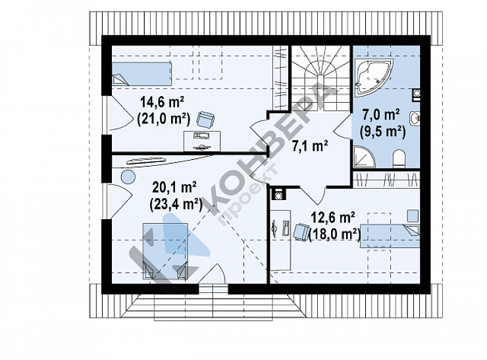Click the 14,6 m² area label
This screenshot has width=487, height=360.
pos(162,102)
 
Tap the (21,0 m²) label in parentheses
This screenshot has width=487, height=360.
pos(163,118)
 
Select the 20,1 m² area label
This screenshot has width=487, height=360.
pos(174,188)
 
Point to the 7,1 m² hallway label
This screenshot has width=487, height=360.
pos(310,145)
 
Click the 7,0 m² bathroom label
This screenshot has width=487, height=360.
pos(381,115)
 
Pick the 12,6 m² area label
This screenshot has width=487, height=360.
pos(333,218)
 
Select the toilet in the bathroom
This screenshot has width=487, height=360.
pos(399,159)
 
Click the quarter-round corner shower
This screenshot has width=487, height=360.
pos(363,158)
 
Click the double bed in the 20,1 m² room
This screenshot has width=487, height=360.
pos(165,251)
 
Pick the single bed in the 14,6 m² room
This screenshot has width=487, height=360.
pos(141,74)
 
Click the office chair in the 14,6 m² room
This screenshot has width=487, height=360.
pos(205,119)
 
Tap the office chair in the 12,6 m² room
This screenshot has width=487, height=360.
pos(301,232)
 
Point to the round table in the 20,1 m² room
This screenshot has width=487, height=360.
pos(128,178)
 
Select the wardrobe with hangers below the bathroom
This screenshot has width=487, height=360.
pos(386,180)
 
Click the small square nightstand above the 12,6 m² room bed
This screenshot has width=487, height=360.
pos(413,216)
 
